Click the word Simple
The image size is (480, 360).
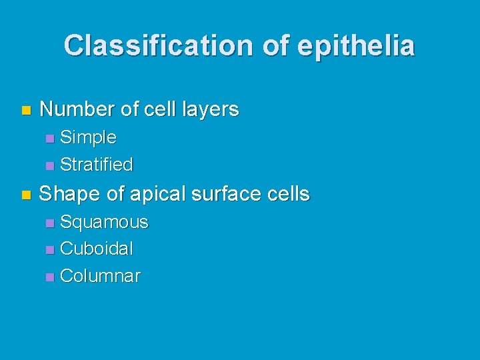(x=88, y=138)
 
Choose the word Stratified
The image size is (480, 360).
(x=97, y=164)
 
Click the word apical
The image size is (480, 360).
(x=158, y=194)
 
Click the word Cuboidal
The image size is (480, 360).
(x=97, y=249)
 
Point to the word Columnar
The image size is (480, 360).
(x=100, y=276)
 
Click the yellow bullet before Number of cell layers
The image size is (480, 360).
(x=25, y=109)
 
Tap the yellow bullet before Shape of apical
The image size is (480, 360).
(x=25, y=195)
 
